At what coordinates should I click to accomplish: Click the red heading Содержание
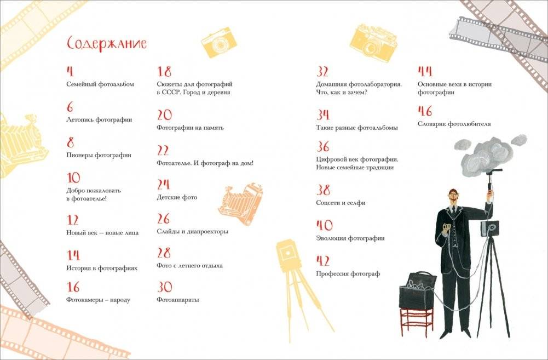106,44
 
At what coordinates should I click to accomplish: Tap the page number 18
164,72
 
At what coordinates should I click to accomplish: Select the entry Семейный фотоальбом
100,84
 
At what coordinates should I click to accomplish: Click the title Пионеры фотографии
99,155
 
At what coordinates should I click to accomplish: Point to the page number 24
164,185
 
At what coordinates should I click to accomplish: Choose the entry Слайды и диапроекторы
192,231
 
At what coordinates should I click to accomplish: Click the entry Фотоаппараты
177,300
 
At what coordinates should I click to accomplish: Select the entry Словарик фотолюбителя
454,124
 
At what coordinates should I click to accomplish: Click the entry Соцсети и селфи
341,203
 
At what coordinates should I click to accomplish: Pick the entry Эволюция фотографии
350,238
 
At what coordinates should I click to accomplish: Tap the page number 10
73,178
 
